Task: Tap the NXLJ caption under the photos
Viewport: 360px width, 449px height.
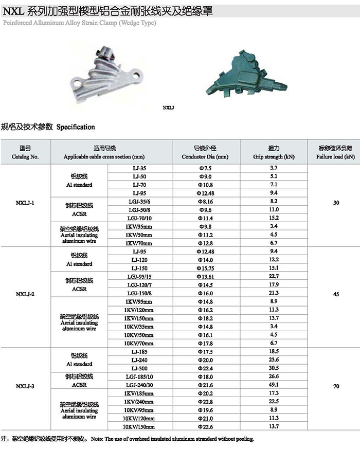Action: coord(169,107)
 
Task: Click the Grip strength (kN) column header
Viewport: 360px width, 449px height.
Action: coord(274,152)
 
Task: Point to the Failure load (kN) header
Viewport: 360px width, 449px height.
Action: coord(336,152)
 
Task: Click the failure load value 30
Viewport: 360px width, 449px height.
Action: coord(336,204)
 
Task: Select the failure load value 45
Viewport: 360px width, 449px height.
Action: coord(336,295)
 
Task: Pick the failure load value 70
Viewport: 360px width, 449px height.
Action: coord(336,386)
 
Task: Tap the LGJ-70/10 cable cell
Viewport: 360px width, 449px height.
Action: coord(139,218)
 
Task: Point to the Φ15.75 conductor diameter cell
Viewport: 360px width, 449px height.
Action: coord(205,267)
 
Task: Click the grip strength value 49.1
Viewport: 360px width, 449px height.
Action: coord(274,385)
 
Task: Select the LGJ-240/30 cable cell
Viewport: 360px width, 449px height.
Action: coord(139,385)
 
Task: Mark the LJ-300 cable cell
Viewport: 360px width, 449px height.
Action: coord(139,368)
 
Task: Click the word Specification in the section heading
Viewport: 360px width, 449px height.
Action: coord(76,127)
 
